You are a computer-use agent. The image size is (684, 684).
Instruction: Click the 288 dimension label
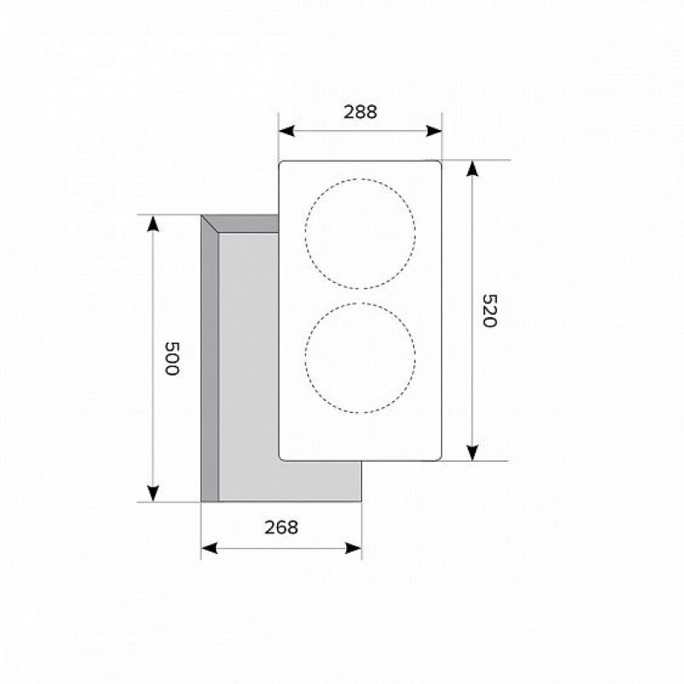pyautogui.click(x=360, y=112)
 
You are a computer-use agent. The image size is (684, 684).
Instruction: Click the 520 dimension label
pyautogui.click(x=489, y=310)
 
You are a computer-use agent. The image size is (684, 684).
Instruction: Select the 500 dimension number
pyautogui.click(x=172, y=358)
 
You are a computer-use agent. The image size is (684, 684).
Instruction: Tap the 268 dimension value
pyautogui.click(x=281, y=528)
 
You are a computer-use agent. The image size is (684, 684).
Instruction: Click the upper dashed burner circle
pyautogui.click(x=360, y=179)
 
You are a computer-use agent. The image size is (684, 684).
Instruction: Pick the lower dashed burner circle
pyautogui.click(x=360, y=304)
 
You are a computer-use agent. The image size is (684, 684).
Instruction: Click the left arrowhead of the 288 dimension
pyautogui.click(x=286, y=131)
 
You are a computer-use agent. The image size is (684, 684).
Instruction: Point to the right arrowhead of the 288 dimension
pyautogui.click(x=434, y=131)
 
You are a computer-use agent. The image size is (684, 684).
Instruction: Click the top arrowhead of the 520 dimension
pyautogui.click(x=472, y=168)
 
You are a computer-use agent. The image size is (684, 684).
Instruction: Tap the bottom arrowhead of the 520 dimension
pyautogui.click(x=472, y=453)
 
